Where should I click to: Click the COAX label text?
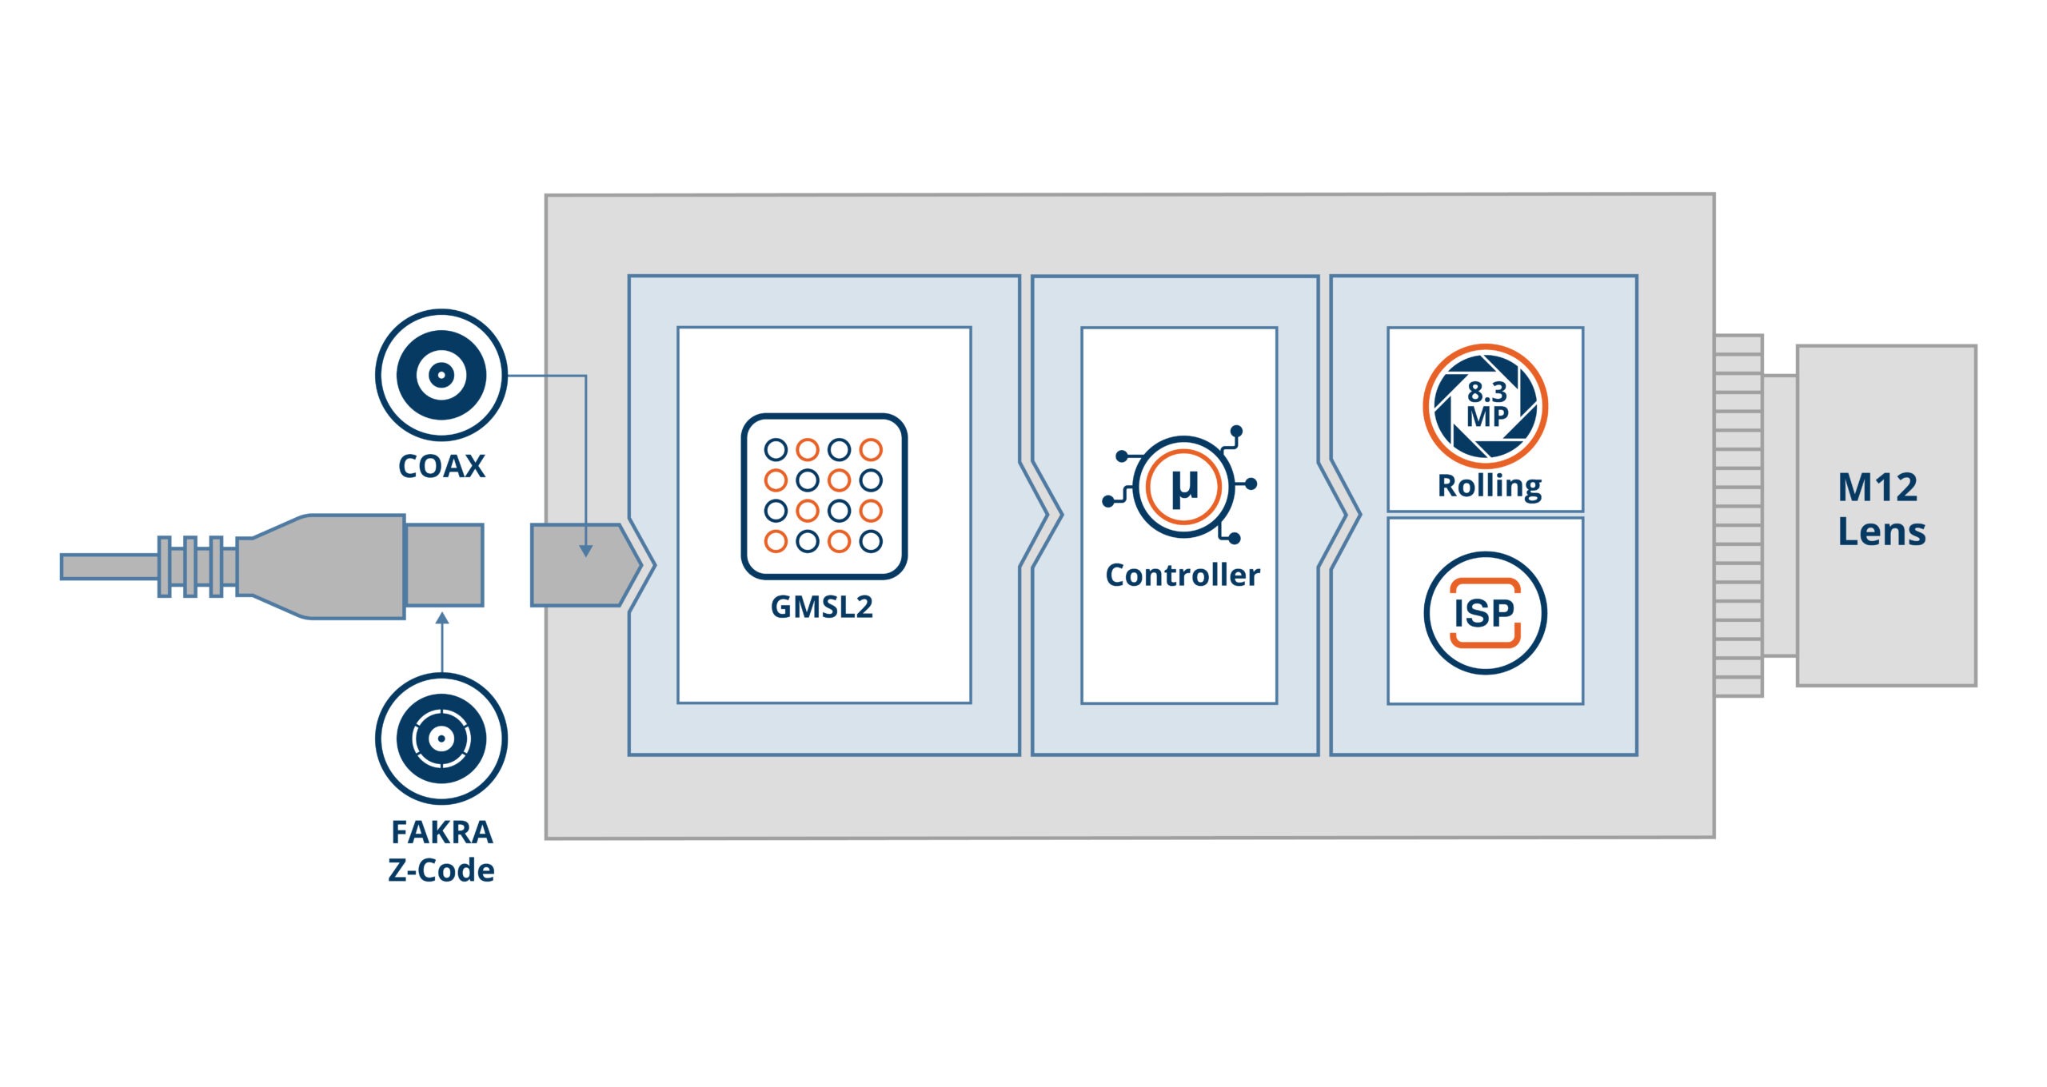coord(441,467)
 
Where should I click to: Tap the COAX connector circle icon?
coord(441,374)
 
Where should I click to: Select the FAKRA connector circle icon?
coord(441,738)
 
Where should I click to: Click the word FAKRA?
coord(441,833)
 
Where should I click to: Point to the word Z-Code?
coord(441,870)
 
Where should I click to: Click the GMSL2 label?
coord(822,607)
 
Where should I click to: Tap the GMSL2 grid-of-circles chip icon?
coord(824,496)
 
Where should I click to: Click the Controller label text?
coord(1183,575)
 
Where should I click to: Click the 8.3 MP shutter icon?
coord(1485,406)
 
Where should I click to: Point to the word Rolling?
coord(1490,486)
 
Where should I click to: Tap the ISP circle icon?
coord(1485,613)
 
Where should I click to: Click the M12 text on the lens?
coord(1877,488)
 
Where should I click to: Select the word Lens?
coord(1882,532)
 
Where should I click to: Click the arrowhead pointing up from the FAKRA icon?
coord(442,619)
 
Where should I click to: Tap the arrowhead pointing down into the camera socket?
coord(586,551)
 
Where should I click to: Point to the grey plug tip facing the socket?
coord(444,565)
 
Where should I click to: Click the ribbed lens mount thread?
coord(1738,516)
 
